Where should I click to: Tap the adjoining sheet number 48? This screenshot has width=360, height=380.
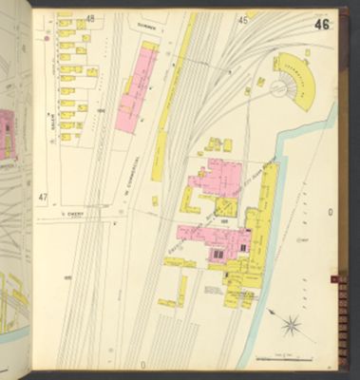pos(90,18)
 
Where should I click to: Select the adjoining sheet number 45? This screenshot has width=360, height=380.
pos(243,19)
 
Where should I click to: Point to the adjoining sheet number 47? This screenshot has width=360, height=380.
pos(42,197)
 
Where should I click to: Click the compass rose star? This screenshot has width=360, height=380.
pos(293,326)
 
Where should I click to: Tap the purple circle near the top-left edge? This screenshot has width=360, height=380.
pos(45,41)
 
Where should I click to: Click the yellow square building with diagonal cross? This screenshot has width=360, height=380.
pos(226,207)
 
